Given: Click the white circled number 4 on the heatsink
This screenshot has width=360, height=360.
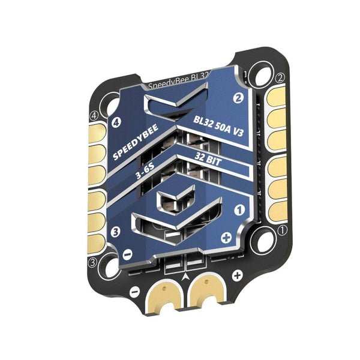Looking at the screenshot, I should click(x=118, y=125).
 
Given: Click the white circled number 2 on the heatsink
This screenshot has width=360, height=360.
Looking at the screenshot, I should click(x=238, y=98).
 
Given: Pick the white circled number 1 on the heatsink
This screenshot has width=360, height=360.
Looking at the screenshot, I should click(x=239, y=211).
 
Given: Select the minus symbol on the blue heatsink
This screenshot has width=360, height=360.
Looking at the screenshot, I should click(x=128, y=254).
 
